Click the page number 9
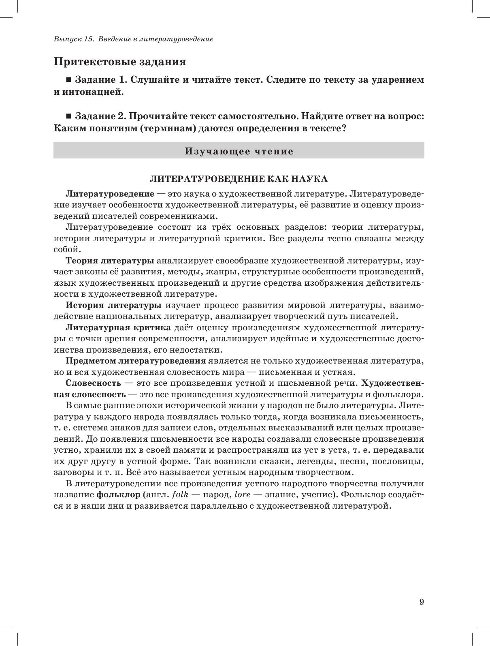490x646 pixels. click(x=422, y=602)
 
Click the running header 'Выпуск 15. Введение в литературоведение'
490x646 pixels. click(x=133, y=39)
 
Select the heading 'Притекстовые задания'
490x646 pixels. click(x=120, y=62)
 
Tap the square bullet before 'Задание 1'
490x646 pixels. click(x=68, y=80)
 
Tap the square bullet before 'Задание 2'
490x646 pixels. click(x=68, y=117)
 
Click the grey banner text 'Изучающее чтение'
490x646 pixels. click(x=239, y=151)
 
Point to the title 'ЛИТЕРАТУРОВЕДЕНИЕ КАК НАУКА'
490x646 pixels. click(x=239, y=179)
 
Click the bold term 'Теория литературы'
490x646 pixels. click(x=110, y=260)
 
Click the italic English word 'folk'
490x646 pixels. click(x=180, y=495)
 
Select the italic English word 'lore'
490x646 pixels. click(x=243, y=495)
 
